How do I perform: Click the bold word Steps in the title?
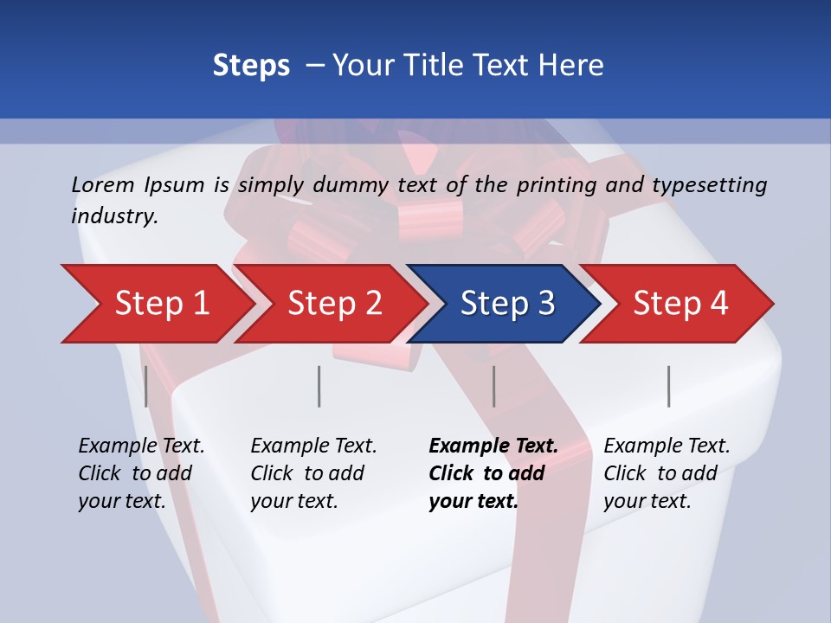pyautogui.click(x=251, y=65)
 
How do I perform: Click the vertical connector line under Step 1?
pyautogui.click(x=146, y=386)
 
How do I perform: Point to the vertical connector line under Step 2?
pyautogui.click(x=319, y=386)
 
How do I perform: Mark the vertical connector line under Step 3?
pyautogui.click(x=493, y=386)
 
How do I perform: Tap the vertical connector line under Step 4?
pyautogui.click(x=668, y=386)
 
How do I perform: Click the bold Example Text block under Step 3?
pyautogui.click(x=493, y=473)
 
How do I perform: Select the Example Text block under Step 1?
pyautogui.click(x=141, y=473)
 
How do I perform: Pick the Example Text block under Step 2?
pyautogui.click(x=313, y=473)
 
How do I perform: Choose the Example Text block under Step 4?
pyautogui.click(x=667, y=473)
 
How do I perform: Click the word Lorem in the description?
pyautogui.click(x=102, y=184)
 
